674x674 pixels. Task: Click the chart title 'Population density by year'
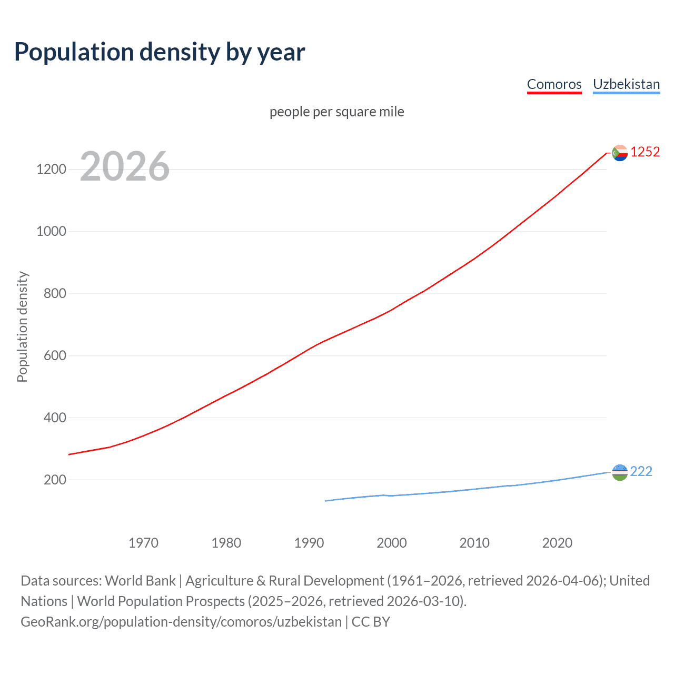tap(160, 52)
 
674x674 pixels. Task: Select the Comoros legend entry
tap(554, 84)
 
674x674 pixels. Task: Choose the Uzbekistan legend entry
tap(626, 84)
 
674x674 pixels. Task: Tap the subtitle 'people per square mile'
tap(336, 112)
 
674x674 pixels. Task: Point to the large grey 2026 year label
tap(125, 166)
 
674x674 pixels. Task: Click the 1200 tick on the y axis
tap(51, 170)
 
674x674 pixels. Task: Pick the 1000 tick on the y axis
tap(51, 232)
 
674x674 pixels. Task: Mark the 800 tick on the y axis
tap(55, 294)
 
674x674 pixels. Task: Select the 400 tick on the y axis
tap(55, 418)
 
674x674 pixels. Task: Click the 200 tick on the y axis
tap(55, 480)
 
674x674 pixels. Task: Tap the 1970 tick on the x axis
tap(143, 543)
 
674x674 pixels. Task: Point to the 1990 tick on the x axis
tap(309, 543)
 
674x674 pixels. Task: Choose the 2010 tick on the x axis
tap(474, 543)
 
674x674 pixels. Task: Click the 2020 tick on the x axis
tap(557, 543)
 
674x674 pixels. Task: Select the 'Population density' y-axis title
tap(22, 326)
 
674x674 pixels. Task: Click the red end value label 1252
tap(645, 152)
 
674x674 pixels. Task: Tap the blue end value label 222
tap(641, 472)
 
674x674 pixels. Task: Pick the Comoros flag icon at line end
tap(620, 153)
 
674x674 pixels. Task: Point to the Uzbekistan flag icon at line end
tap(620, 472)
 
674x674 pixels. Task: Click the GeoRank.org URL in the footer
tap(181, 622)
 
